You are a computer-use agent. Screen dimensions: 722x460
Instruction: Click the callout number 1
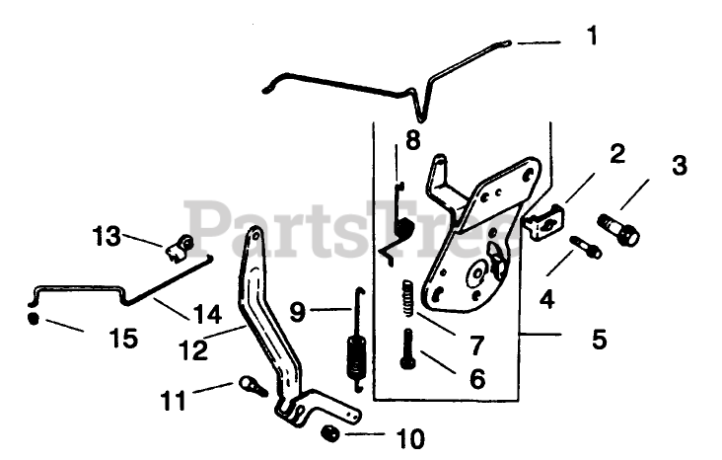(591, 37)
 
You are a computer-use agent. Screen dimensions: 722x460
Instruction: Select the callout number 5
(598, 340)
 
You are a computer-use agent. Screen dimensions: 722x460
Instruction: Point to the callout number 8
(411, 138)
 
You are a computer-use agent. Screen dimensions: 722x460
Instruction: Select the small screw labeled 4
(588, 246)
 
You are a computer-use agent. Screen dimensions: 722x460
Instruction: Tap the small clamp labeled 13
(180, 247)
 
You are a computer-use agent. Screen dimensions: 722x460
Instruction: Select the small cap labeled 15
(34, 319)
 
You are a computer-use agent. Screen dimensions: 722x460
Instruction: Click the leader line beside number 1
(539, 43)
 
